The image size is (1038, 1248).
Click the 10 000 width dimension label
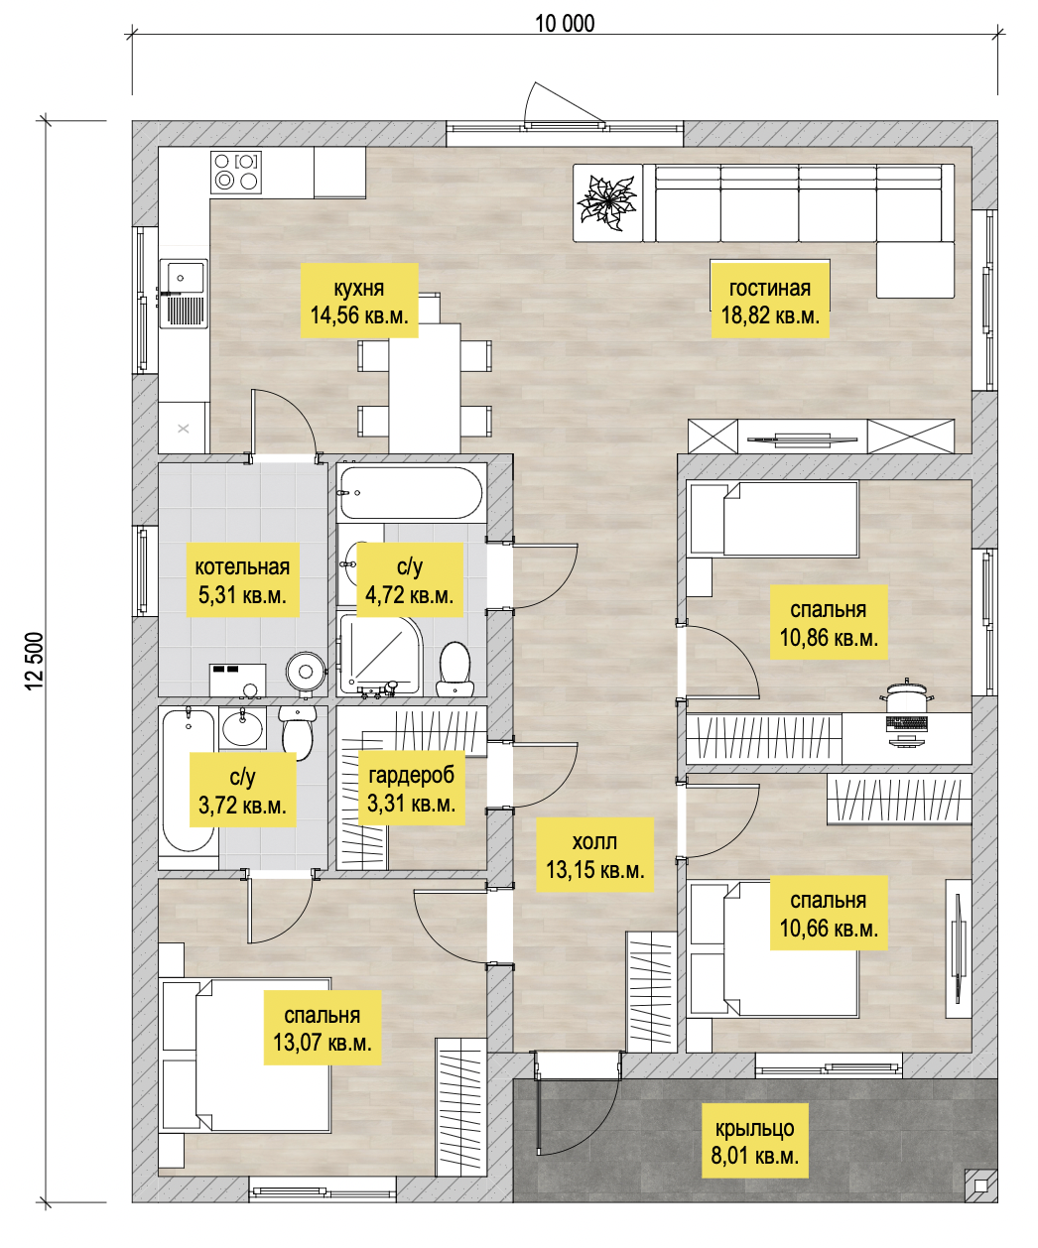565,24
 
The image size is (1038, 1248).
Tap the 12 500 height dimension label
35,661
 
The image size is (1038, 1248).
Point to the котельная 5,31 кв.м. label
243,579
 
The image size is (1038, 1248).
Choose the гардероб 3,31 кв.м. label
412,789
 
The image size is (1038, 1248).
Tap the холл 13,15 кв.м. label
595,855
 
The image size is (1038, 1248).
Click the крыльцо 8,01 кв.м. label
755,1141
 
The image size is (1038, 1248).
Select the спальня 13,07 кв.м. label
323,1028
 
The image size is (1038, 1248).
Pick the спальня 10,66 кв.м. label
829,914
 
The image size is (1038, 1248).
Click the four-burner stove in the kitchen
236,173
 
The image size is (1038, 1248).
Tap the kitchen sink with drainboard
184,294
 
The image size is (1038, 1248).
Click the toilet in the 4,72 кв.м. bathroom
455,669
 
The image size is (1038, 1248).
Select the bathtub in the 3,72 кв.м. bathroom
189,780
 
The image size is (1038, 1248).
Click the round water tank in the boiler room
306,672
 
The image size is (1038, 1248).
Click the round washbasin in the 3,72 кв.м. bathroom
243,727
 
